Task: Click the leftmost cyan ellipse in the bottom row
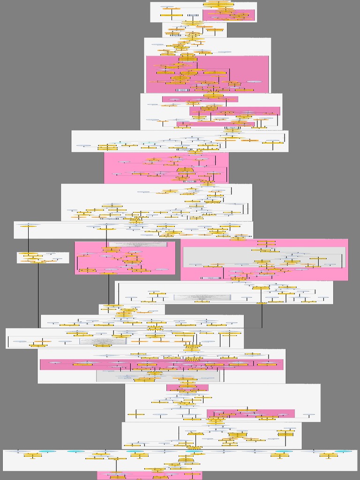pos(47,451)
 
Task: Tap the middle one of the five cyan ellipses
pos(135,451)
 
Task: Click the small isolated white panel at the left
pos(43,257)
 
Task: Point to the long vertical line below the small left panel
pos(38,295)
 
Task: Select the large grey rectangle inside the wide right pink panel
pos(264,257)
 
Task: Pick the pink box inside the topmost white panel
pos(229,15)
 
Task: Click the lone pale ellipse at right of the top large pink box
pos(254,82)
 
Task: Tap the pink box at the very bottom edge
pos(150,475)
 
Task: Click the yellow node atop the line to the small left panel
pos(28,225)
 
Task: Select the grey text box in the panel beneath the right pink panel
pos(202,297)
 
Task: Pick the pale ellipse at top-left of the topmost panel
pos(167,7)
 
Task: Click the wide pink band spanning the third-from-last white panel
pos(161,365)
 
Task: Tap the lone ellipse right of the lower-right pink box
pos(308,415)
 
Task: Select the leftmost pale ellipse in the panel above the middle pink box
pos(83,146)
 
